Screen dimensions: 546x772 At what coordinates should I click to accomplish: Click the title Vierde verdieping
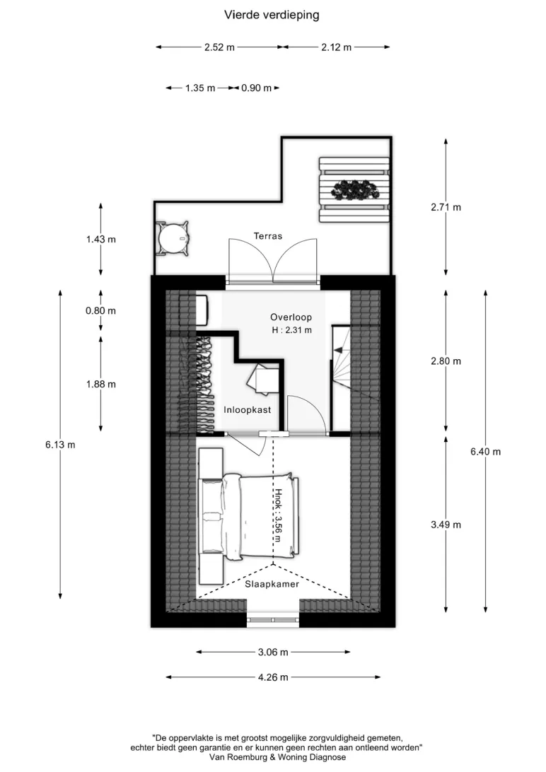pos(272,16)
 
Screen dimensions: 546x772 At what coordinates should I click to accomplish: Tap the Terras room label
pos(268,236)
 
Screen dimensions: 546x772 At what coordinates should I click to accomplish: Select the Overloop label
pos(291,317)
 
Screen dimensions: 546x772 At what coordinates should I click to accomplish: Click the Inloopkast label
pos(247,409)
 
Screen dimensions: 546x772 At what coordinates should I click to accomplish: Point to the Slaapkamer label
pos(272,585)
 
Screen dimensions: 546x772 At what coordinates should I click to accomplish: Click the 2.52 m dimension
pos(219,47)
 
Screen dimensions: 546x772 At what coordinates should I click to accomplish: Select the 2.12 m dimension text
pos(336,47)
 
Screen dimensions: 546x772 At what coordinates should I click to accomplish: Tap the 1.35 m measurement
pos(200,88)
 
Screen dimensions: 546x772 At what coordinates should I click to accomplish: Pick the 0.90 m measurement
pos(257,88)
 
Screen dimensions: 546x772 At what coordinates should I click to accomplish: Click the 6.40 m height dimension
pos(485,452)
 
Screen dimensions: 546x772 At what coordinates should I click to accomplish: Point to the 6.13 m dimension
pos(61,445)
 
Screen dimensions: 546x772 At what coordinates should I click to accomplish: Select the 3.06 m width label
pos(273,653)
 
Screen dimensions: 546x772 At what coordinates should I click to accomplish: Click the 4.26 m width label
pos(273,677)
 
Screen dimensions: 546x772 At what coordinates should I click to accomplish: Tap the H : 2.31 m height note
pos(292,330)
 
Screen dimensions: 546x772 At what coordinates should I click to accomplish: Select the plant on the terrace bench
pos(355,189)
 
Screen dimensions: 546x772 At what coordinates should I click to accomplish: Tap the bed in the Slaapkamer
pos(250,517)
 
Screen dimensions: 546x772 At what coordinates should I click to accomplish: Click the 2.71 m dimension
pos(446,207)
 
